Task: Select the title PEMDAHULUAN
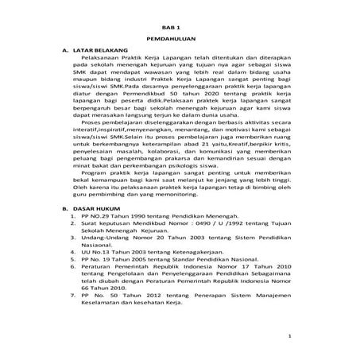pos(180,40)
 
